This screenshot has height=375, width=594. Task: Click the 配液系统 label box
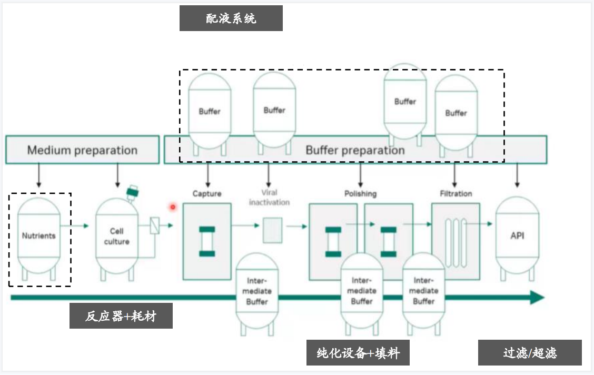231,18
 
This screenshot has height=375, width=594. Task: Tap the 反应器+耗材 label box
121,316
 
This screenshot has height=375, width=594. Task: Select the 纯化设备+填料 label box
358,353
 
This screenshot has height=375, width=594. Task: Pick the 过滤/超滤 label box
529,353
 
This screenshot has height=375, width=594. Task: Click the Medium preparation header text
82,150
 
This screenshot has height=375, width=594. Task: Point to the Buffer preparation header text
355,150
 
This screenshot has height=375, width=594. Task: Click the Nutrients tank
38,236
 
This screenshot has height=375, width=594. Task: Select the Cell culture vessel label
116,236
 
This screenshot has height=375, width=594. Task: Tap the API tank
517,235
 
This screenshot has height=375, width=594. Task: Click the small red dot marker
172,207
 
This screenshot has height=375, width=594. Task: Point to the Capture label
207,194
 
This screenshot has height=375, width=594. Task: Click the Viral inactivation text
269,197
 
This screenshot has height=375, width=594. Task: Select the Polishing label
360,194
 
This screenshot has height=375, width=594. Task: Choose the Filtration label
456,194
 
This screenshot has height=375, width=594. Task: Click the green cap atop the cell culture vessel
132,192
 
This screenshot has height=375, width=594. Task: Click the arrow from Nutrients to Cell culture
79,226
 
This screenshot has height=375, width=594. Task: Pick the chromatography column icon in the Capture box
207,241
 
